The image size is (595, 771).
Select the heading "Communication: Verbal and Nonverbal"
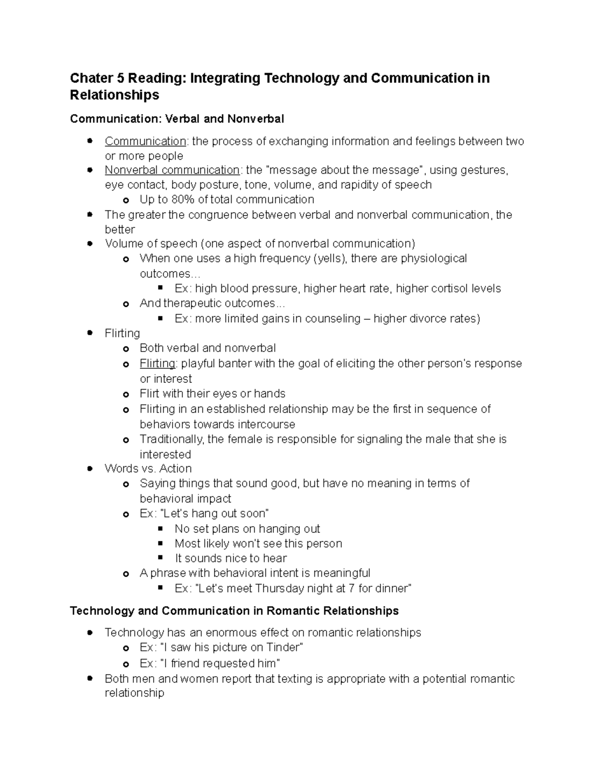tap(177, 119)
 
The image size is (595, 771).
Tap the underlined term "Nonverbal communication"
tap(172, 170)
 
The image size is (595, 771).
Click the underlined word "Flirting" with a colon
tap(157, 363)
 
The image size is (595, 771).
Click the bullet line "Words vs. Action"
tap(148, 468)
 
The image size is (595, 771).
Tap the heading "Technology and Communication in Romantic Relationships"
tap(234, 611)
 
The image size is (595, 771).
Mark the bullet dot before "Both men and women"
tap(90, 678)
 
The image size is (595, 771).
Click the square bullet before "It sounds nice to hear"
tap(160, 558)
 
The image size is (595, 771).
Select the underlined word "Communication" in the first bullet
tap(145, 141)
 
